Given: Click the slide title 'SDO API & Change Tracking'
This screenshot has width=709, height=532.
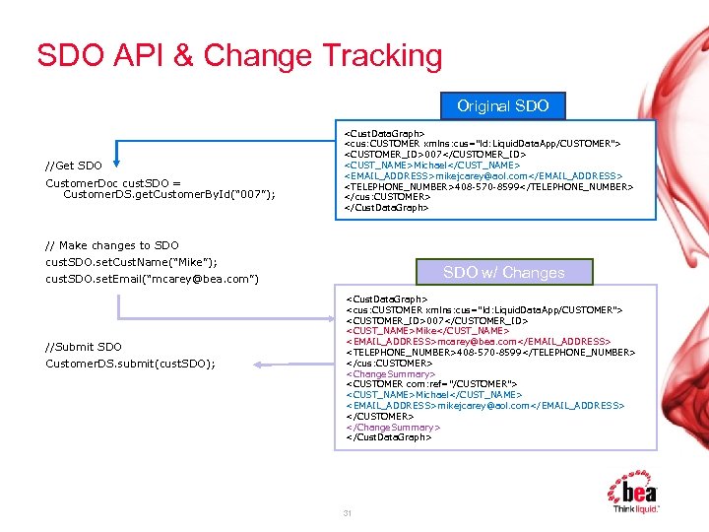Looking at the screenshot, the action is (239, 56).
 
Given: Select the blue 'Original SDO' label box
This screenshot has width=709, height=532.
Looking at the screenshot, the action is (503, 106).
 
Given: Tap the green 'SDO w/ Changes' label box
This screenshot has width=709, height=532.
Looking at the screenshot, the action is (503, 273).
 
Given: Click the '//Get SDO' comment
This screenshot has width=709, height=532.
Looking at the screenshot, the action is (74, 166).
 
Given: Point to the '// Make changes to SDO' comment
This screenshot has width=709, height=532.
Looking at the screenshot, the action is (111, 245).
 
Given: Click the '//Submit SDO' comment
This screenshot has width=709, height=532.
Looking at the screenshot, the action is (84, 347).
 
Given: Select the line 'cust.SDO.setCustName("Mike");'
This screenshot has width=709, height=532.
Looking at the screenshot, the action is (131, 262).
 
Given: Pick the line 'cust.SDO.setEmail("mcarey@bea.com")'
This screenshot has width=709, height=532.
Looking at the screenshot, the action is (152, 280).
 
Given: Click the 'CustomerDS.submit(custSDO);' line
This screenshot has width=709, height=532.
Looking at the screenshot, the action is (130, 365).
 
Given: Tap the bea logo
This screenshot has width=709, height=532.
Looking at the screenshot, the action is (635, 493).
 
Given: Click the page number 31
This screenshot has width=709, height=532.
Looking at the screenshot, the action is (347, 514).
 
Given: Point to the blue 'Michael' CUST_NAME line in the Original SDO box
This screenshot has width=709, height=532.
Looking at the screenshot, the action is (431, 165).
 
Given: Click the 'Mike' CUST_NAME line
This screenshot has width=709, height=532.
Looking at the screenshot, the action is (426, 331).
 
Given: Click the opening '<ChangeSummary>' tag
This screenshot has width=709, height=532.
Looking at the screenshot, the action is (390, 374).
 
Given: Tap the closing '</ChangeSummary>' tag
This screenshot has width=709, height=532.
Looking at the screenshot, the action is (393, 428).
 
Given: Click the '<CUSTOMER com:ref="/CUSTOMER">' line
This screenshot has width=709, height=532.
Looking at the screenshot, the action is (431, 384).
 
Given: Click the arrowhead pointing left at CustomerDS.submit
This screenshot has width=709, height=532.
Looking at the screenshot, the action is (259, 365).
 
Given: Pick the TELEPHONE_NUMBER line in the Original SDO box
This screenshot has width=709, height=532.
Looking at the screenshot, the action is (501, 186).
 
